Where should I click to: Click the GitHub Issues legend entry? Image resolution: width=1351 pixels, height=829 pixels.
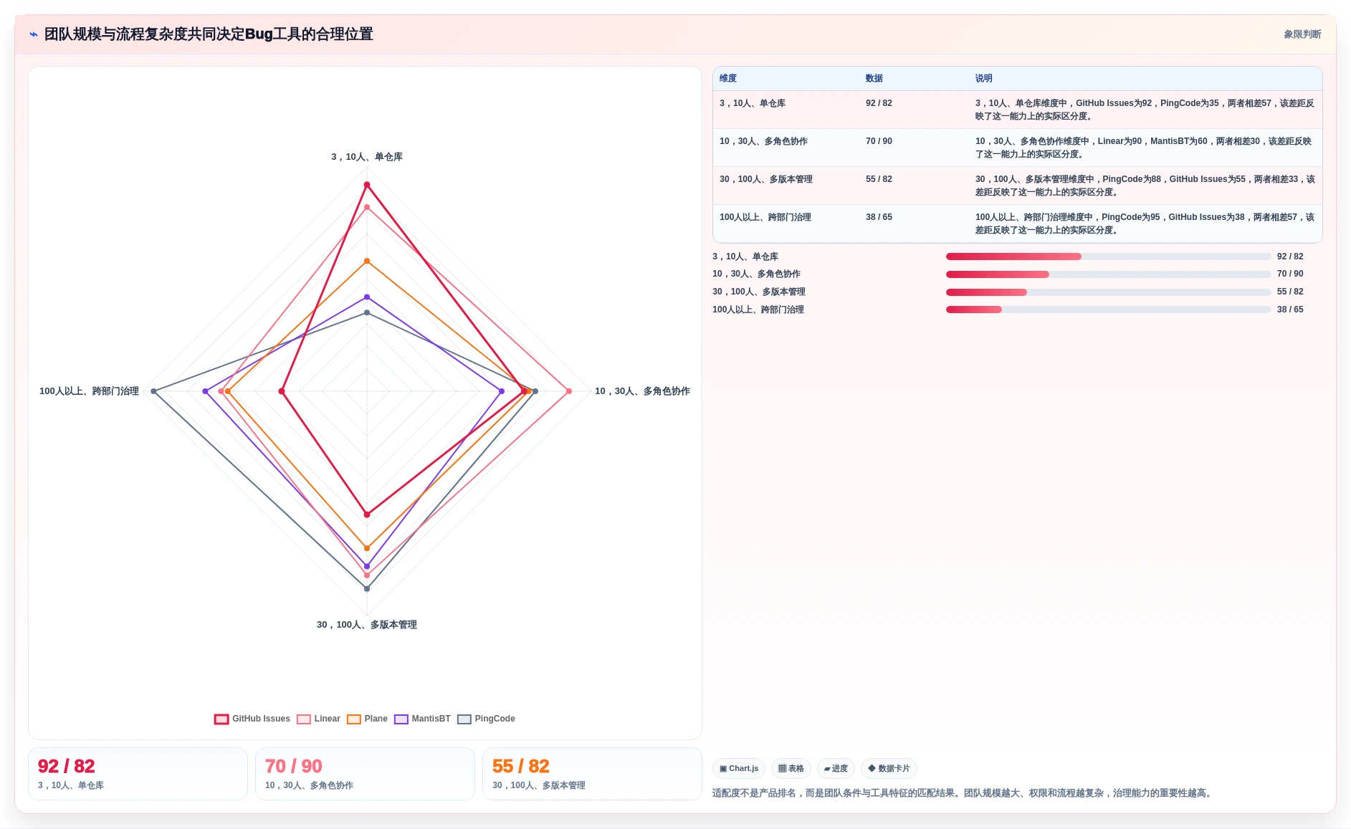[252, 719]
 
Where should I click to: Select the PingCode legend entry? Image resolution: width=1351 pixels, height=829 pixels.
[487, 719]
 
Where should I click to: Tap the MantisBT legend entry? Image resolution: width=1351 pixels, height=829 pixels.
[423, 719]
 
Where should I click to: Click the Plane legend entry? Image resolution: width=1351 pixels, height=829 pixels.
[368, 719]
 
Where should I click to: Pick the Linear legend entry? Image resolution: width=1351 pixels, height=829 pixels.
[319, 719]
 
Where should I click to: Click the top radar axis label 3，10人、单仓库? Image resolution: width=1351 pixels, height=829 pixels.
[367, 157]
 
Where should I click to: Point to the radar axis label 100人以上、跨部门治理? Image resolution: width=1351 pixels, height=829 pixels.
[89, 391]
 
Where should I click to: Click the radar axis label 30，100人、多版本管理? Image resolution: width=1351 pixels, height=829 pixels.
[367, 625]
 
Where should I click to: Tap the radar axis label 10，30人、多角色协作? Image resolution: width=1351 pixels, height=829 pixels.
[642, 391]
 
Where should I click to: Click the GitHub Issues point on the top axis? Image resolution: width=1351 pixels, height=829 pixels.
[367, 185]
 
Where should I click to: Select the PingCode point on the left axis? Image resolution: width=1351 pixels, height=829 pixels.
[154, 391]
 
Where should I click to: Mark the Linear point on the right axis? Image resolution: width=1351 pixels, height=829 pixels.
[569, 391]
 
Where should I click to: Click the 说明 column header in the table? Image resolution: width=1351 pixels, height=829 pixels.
[983, 79]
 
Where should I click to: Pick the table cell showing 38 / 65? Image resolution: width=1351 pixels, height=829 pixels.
[879, 217]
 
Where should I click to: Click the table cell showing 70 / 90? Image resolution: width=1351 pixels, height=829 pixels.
[879, 141]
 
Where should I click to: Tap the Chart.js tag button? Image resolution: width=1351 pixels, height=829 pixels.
[739, 769]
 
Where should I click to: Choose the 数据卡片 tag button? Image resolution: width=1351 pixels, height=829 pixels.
[889, 769]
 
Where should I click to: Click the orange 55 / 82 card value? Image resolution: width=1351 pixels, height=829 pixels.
[521, 766]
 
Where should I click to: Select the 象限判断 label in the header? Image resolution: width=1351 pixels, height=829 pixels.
[1302, 34]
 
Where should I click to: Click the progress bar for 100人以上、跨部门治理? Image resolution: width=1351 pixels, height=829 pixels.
[1108, 310]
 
